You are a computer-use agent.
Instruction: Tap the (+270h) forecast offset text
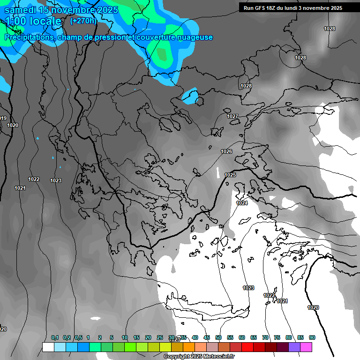point(83,21)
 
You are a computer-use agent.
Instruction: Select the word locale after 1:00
point(45,22)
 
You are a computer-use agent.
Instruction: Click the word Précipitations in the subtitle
point(29,37)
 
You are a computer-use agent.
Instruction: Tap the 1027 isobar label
point(232,116)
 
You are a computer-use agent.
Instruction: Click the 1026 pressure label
point(226,151)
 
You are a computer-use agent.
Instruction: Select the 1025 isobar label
point(230,175)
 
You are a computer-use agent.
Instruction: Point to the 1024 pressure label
point(242,203)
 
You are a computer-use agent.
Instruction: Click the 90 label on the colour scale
point(312,337)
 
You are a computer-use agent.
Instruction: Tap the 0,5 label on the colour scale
point(78,337)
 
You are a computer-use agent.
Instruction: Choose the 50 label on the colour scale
point(218,337)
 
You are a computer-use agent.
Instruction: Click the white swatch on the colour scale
point(48,347)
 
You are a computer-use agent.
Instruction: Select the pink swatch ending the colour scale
point(306,347)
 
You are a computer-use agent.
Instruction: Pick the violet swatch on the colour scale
point(294,347)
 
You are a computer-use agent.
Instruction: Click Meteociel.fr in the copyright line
point(217,357)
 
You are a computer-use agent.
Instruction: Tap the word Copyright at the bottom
point(177,357)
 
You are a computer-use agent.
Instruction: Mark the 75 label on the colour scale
point(277,337)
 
